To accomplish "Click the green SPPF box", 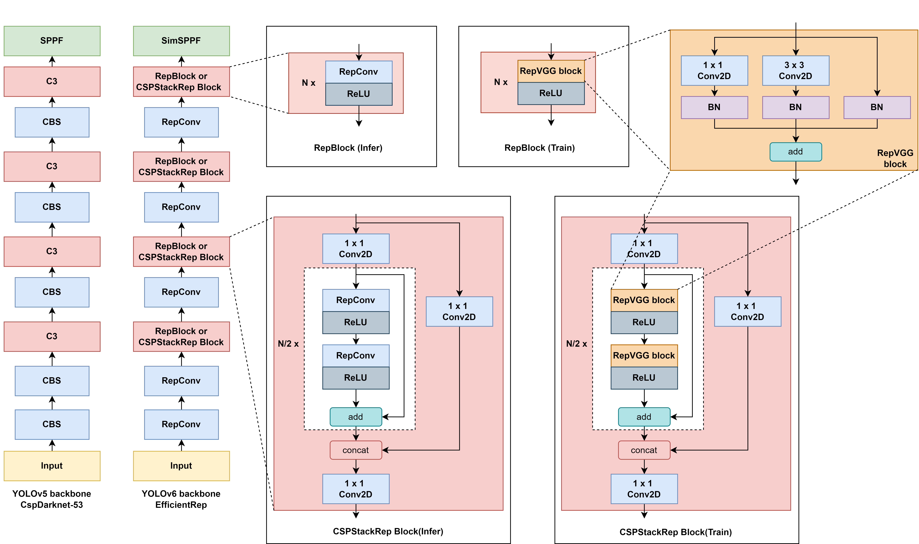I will (52, 41).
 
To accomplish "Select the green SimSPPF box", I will (181, 41).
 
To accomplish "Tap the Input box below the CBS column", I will (52, 466).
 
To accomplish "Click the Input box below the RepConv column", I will (181, 466).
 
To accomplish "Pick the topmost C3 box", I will (52, 81).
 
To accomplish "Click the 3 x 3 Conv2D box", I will (796, 70).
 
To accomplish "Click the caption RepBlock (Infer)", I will (348, 148).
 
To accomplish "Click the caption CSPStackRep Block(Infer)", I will (388, 531).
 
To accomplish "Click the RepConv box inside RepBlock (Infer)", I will (359, 72).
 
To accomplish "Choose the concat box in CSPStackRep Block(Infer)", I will (356, 450).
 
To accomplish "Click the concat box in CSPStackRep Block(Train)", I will (644, 450).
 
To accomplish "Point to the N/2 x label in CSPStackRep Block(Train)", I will (576, 344).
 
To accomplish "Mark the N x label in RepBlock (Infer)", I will (308, 83).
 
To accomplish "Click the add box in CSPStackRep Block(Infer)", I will (356, 417).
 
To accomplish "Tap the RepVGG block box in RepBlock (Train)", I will (551, 71).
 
